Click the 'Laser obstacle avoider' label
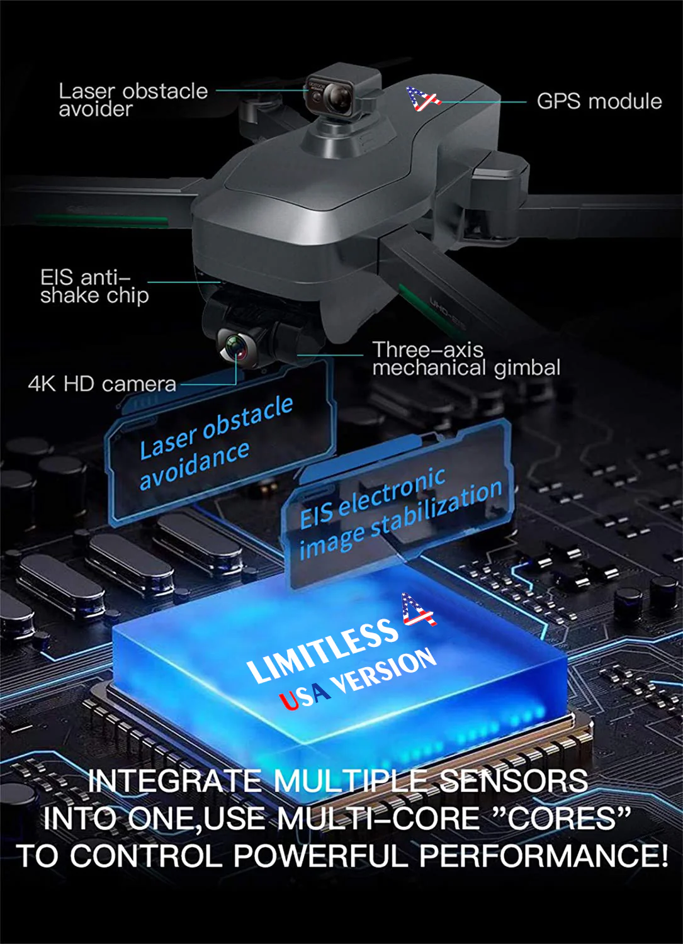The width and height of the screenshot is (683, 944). point(133,99)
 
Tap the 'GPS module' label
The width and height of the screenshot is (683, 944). point(599,101)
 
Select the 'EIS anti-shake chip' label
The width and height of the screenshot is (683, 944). point(94,286)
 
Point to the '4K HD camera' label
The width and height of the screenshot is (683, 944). point(102,384)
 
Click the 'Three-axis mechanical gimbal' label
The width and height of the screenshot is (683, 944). point(466,359)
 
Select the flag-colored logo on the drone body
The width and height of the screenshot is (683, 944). point(422,99)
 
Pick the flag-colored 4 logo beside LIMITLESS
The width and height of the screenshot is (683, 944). point(419,610)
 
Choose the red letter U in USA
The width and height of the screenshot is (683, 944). point(290,700)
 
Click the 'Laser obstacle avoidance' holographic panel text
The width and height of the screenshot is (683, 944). point(214,443)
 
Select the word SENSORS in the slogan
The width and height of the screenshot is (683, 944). point(513,782)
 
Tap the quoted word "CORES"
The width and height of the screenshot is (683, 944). point(560,819)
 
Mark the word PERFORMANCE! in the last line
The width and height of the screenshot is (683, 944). point(543,856)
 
